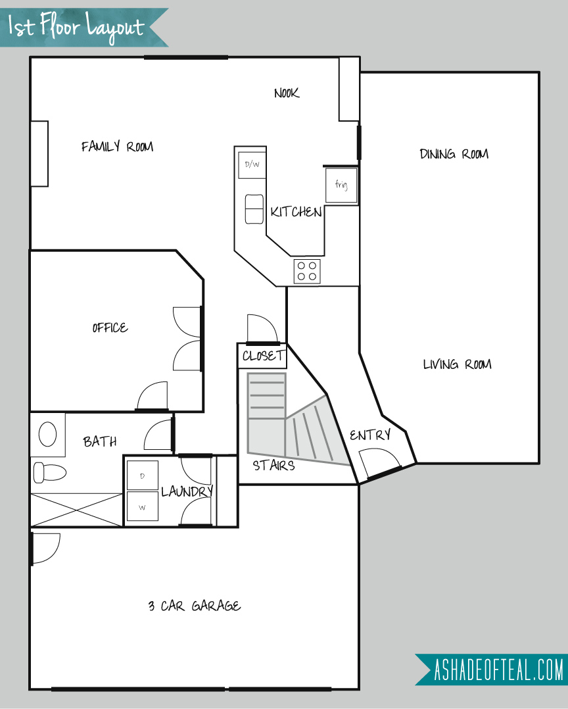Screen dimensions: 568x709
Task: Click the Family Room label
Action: pyautogui.click(x=118, y=147)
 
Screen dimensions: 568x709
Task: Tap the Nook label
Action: pyautogui.click(x=287, y=93)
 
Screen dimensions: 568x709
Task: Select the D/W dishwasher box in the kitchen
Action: pyautogui.click(x=252, y=165)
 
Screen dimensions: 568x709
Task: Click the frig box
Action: pyautogui.click(x=342, y=185)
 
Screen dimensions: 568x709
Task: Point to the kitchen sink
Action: pyautogui.click(x=254, y=209)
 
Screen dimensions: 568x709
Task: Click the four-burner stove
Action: pyautogui.click(x=307, y=271)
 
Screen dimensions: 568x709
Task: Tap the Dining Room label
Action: pyautogui.click(x=454, y=154)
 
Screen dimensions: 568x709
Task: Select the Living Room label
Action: pyautogui.click(x=458, y=364)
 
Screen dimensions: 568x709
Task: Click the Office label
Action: pyautogui.click(x=110, y=328)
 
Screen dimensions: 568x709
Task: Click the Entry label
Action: pyautogui.click(x=370, y=435)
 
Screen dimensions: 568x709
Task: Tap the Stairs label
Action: pyautogui.click(x=274, y=465)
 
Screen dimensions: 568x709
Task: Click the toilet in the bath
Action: pyautogui.click(x=50, y=472)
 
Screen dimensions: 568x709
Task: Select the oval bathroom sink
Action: pyautogui.click(x=48, y=434)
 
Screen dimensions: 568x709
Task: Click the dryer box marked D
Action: pyautogui.click(x=143, y=476)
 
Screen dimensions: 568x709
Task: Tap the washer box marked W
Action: pyautogui.click(x=143, y=506)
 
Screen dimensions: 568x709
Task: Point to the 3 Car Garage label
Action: pyautogui.click(x=195, y=606)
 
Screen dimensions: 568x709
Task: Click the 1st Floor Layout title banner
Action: pyautogui.click(x=84, y=27)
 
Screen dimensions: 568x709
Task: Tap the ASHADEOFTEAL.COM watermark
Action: pyautogui.click(x=492, y=670)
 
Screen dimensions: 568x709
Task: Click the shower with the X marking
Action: pyautogui.click(x=77, y=510)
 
